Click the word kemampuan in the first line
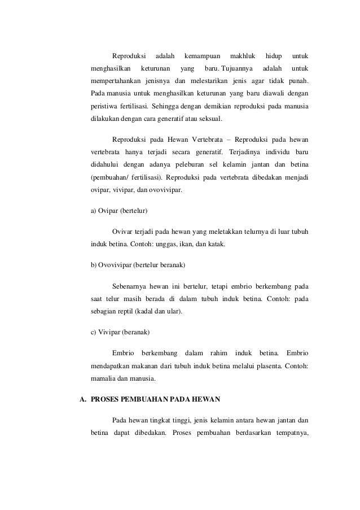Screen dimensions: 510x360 click(203, 56)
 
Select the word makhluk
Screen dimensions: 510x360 click(243, 56)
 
